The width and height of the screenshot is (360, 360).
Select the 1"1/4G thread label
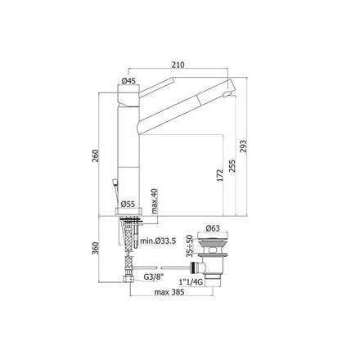(x=189, y=279)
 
